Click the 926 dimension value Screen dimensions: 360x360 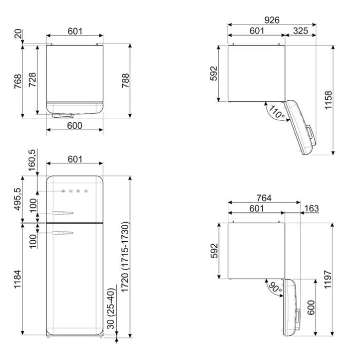[272, 20]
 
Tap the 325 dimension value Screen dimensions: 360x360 [300, 31]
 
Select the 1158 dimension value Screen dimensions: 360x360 [329, 100]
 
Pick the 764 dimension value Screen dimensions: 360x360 [264, 198]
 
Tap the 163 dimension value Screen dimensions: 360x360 [312, 208]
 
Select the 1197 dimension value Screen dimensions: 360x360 [328, 279]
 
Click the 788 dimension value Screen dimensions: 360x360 [125, 81]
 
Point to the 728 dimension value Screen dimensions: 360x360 [32, 80]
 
